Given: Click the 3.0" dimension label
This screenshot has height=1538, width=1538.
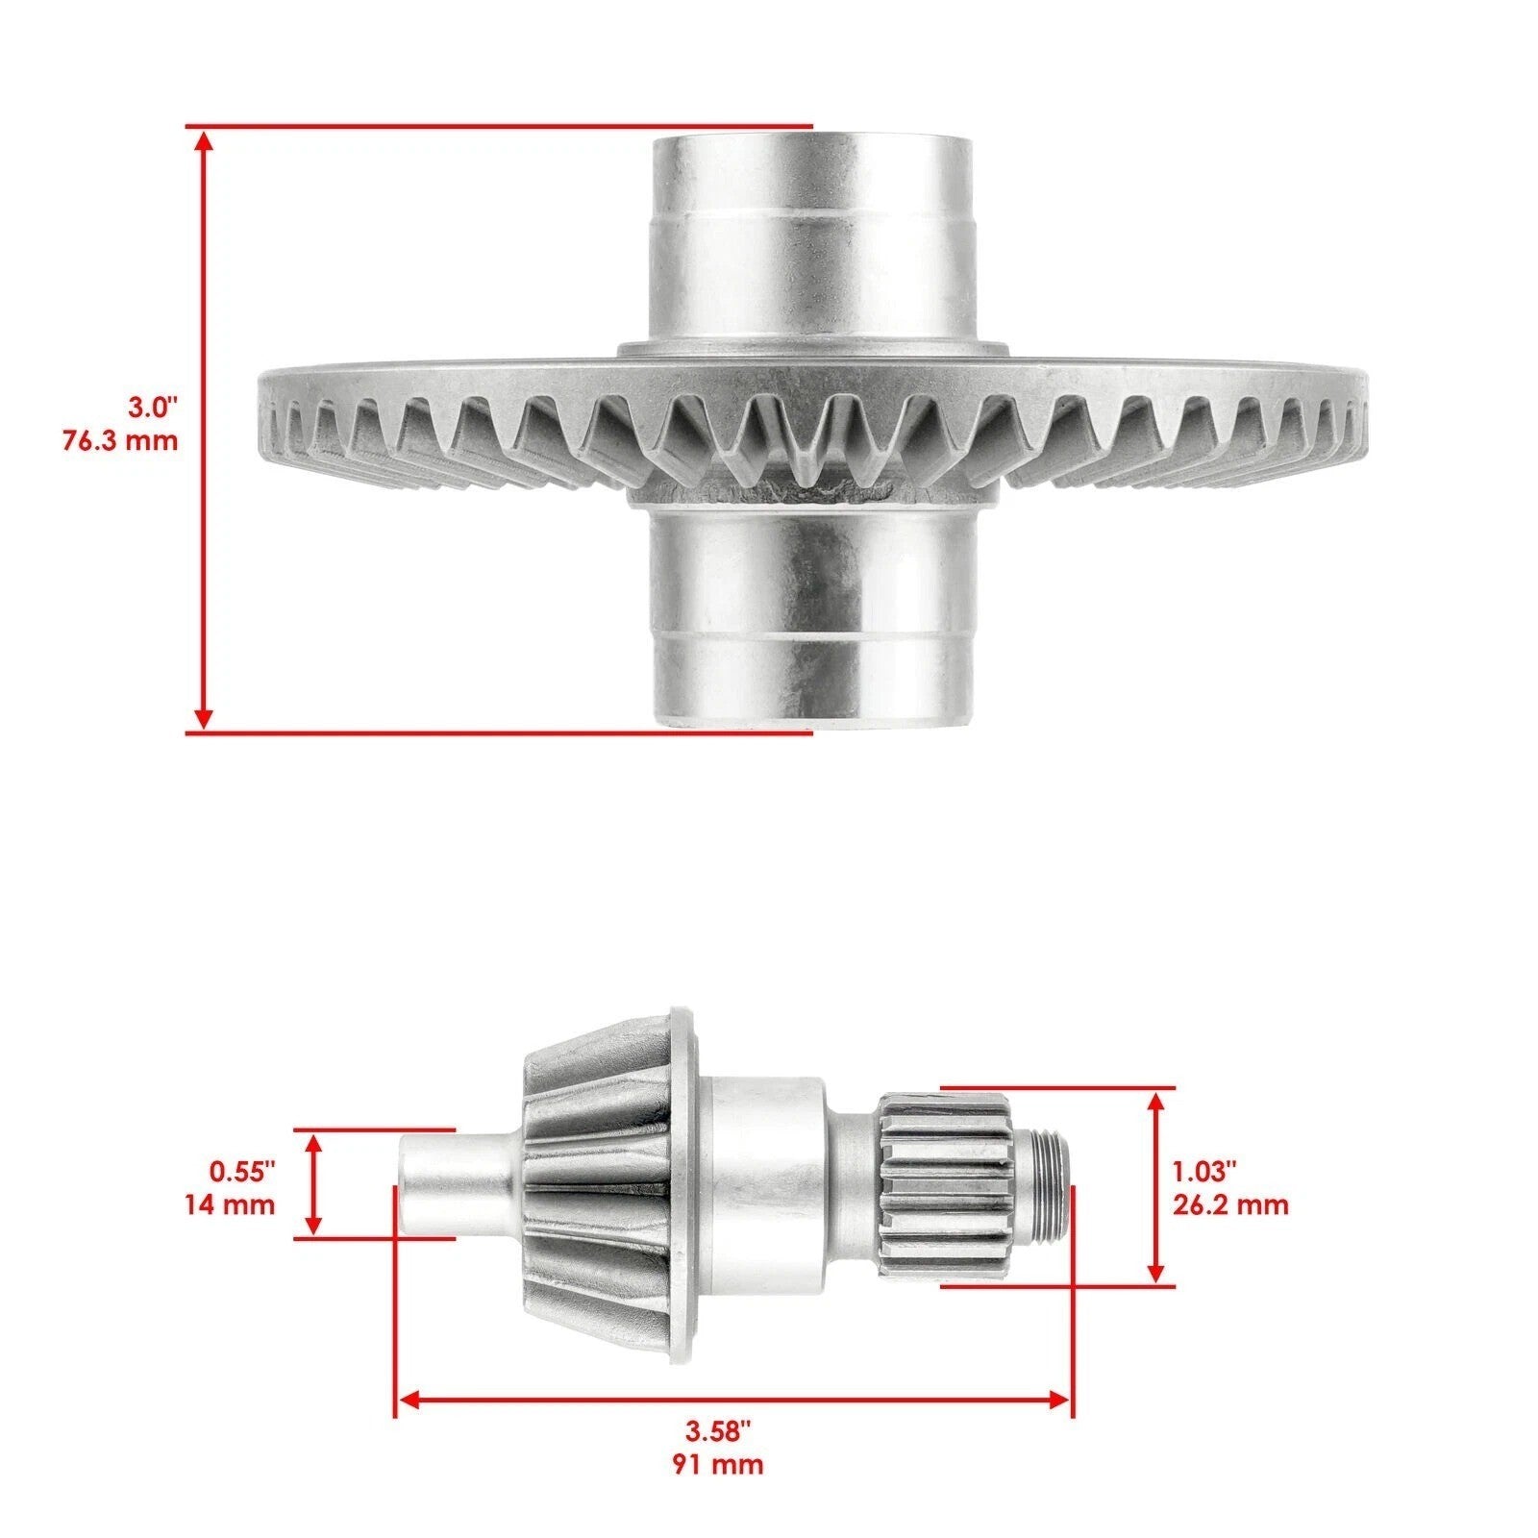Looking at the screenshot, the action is [155, 407].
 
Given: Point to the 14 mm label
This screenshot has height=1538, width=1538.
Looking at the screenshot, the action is [230, 1204].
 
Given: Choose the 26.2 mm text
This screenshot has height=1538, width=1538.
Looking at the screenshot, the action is [1230, 1204].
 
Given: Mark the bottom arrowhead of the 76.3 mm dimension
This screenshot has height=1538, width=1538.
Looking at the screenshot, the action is [203, 717].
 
